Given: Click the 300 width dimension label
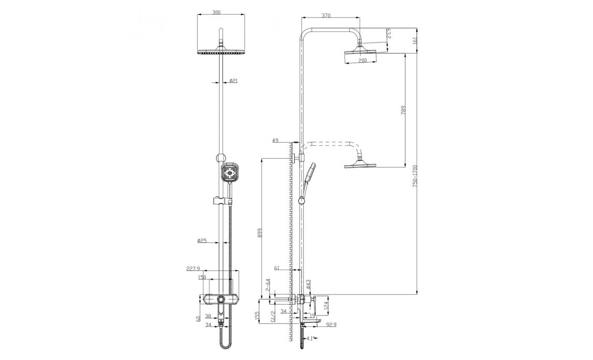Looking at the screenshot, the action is [216, 12].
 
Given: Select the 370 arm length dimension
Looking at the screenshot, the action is [326, 16].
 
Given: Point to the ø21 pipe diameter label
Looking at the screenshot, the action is [233, 80].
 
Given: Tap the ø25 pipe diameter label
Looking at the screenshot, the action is [202, 241].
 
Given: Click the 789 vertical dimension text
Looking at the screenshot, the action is [403, 110].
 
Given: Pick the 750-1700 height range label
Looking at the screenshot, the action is [415, 176].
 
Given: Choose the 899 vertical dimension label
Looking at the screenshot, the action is [260, 233].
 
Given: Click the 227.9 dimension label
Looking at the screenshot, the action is [193, 269].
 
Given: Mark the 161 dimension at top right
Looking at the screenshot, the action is [415, 41].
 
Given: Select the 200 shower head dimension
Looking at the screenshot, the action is [363, 60].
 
